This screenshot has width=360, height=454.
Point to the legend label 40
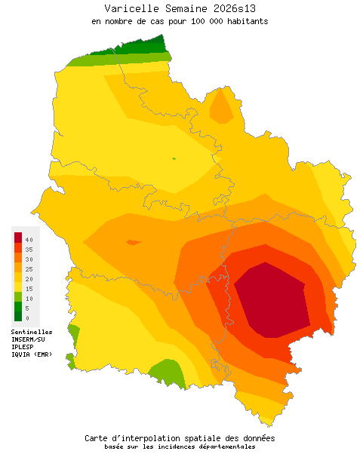[28, 239]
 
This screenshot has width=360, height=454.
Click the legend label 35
[28, 249]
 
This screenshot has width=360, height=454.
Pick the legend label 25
[28, 268]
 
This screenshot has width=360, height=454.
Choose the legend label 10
[28, 298]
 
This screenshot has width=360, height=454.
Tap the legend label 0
[27, 317]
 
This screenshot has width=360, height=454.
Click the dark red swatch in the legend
[18, 238]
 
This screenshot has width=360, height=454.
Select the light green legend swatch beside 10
[18, 296]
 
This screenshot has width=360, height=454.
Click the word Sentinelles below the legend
[32, 331]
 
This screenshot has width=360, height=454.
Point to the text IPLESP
[23, 346]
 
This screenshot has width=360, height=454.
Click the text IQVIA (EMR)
[32, 354]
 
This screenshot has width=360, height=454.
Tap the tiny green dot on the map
[174, 158]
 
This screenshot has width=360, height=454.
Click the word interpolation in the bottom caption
[156, 438]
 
